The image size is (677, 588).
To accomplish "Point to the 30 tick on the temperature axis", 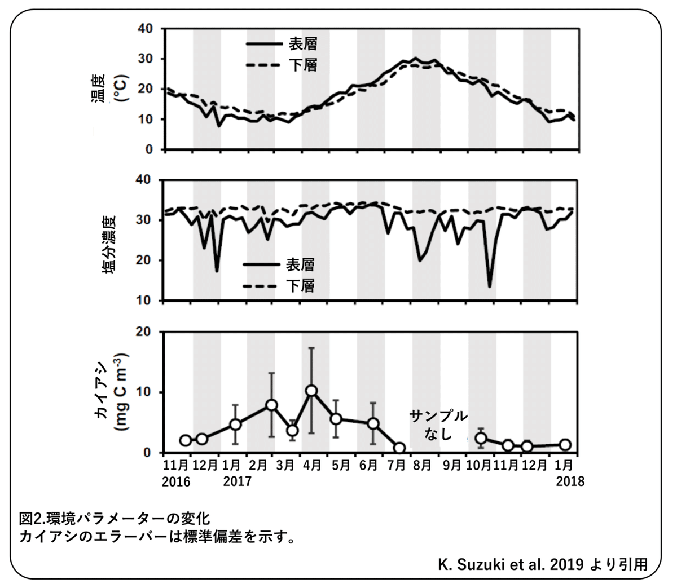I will click(146, 59).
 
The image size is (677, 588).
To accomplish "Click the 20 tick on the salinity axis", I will click(146, 260).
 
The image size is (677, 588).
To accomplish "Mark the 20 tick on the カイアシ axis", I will click(146, 331).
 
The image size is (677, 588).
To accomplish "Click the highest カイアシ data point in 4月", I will click(311, 391).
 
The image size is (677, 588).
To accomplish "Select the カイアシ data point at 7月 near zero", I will click(399, 448).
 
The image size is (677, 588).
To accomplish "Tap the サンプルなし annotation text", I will click(438, 425).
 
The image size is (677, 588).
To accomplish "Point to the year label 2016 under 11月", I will click(177, 482).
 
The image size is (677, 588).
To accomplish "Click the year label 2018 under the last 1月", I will click(570, 482).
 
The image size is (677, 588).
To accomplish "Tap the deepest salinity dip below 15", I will click(490, 286).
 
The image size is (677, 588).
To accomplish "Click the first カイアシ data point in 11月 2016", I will click(186, 440).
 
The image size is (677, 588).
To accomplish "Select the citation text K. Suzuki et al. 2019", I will click(510, 564).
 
